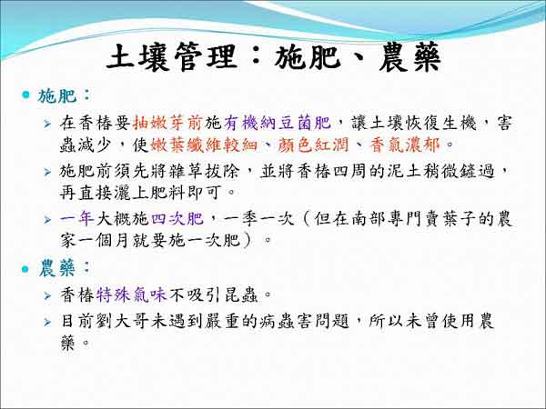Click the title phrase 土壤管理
coord(172,57)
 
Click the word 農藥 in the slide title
coord(409,57)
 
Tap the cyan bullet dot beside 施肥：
coord(25,95)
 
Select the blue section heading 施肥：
coord(64,95)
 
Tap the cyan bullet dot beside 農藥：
coord(25,269)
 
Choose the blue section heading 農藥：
coord(64,268)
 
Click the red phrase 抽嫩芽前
coord(168,123)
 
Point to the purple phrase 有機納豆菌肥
coord(278,123)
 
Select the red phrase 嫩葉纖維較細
coord(204,145)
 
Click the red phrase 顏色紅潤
coord(313,145)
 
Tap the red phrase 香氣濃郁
coord(404,145)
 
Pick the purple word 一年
coord(77,219)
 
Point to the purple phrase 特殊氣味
coord(131,295)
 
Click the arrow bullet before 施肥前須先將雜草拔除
coord(47,172)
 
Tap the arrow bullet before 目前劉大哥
coord(47,322)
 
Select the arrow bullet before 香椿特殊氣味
coord(47,295)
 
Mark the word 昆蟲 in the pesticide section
coord(240,295)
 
